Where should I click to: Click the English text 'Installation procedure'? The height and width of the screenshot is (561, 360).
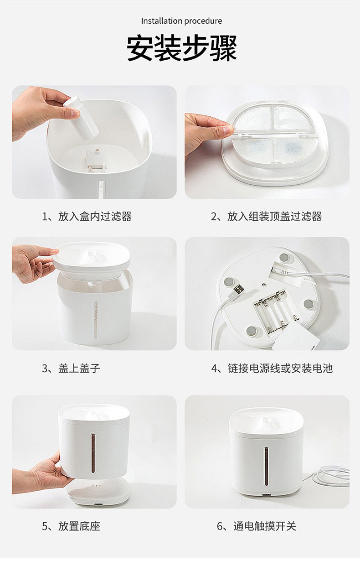tap(181, 21)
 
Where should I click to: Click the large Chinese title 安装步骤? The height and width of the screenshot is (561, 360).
tap(182, 48)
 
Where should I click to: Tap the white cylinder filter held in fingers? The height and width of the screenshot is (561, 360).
tap(81, 118)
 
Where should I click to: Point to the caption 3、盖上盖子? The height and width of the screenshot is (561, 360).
tap(71, 369)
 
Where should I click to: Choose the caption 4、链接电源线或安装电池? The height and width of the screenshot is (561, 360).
tap(272, 369)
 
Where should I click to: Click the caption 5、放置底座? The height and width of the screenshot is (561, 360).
tap(71, 526)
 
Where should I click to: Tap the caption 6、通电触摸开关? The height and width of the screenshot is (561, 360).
tap(257, 526)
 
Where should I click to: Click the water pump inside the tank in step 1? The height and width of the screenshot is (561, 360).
tap(94, 160)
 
